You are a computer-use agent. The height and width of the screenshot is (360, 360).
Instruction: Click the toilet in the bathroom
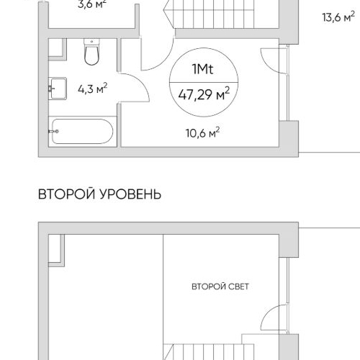pyautogui.click(x=91, y=53)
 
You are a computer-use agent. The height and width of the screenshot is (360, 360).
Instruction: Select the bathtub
pyautogui.click(x=81, y=132)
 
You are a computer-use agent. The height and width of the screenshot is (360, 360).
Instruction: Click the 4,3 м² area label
pyautogui.click(x=93, y=89)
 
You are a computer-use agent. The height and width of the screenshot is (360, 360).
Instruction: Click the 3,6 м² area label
pyautogui.click(x=91, y=4)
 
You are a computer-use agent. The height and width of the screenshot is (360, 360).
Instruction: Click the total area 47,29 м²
pyautogui.click(x=204, y=92)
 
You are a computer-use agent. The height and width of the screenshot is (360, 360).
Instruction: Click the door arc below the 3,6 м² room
pyautogui.click(x=157, y=52)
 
